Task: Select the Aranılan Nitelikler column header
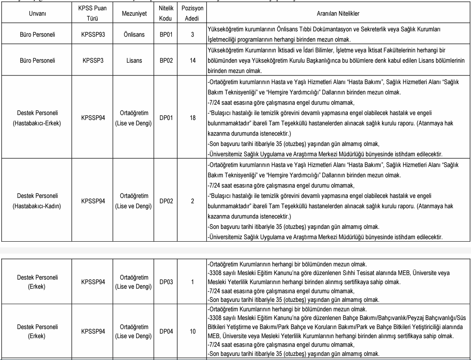[338, 14]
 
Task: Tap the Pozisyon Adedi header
[192, 14]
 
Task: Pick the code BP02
[166, 60]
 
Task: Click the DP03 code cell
[166, 282]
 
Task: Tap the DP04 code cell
[166, 331]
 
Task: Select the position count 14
[192, 60]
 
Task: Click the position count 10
[192, 331]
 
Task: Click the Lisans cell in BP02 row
[133, 60]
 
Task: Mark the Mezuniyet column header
[133, 14]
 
